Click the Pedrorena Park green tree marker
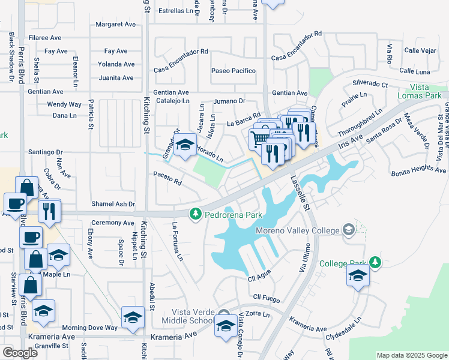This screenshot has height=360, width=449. (195, 214)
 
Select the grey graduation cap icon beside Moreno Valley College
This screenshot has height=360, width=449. (348, 229)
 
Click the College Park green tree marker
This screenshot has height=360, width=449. (375, 262)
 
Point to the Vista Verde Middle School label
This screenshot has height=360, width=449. (193, 316)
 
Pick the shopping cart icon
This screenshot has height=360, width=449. (259, 139)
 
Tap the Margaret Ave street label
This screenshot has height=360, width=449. (116, 25)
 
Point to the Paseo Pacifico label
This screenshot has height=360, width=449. (234, 71)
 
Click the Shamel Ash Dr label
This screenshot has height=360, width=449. (113, 204)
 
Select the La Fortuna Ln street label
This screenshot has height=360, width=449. (178, 241)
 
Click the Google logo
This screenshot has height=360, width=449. (20, 352)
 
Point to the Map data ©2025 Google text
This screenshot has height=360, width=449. (411, 355)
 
